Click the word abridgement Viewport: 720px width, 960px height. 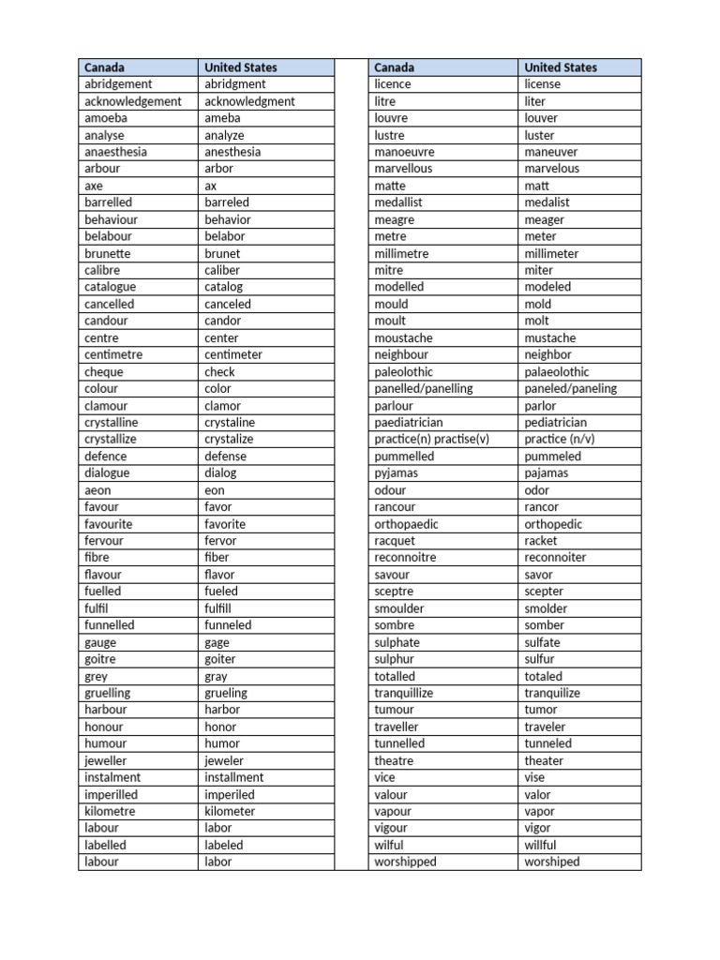click(x=118, y=84)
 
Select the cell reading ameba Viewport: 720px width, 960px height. click(x=222, y=118)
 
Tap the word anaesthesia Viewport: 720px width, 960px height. click(x=115, y=152)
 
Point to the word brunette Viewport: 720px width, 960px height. click(x=107, y=253)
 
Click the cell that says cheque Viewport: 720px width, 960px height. click(x=103, y=371)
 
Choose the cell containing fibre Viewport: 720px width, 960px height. click(x=97, y=558)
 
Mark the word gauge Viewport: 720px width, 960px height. click(x=100, y=642)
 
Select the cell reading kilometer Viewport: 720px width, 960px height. click(x=234, y=811)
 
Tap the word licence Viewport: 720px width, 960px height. click(x=392, y=84)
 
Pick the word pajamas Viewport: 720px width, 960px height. click(x=547, y=473)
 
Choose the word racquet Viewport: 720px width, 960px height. click(x=394, y=541)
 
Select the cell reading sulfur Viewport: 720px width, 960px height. click(x=539, y=659)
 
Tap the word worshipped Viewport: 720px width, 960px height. click(x=405, y=862)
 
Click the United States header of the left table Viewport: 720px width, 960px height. click(x=241, y=67)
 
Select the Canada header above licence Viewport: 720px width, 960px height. click(x=394, y=67)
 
